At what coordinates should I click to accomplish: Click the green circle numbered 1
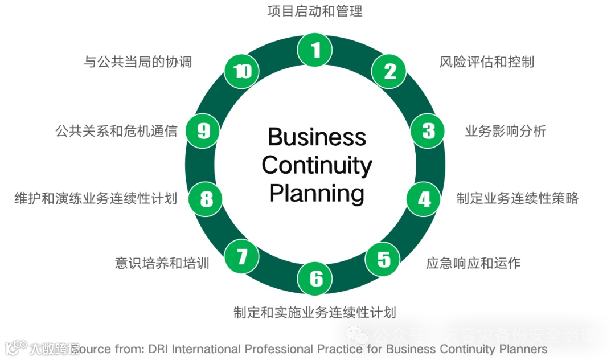click(315, 50)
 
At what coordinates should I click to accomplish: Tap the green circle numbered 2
click(389, 71)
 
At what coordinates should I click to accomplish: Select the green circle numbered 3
click(428, 131)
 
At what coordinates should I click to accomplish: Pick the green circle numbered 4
click(424, 199)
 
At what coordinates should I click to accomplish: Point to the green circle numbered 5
click(384, 260)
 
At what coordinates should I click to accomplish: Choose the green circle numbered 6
click(316, 279)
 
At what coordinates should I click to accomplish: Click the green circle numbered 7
click(243, 257)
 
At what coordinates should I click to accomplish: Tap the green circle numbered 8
click(206, 199)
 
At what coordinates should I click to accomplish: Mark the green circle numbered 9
click(203, 131)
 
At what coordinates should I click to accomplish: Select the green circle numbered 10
click(242, 71)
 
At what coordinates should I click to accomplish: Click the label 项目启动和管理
click(315, 11)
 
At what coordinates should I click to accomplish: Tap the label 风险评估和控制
click(487, 62)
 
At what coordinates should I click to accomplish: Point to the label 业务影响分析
click(505, 131)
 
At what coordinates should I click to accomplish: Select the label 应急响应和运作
click(473, 263)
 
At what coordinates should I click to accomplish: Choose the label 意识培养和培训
click(162, 263)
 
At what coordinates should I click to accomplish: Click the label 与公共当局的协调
click(138, 62)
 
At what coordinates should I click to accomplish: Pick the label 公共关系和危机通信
click(116, 131)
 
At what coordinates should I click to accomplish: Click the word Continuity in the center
click(317, 165)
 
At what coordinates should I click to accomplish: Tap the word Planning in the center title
click(317, 193)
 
